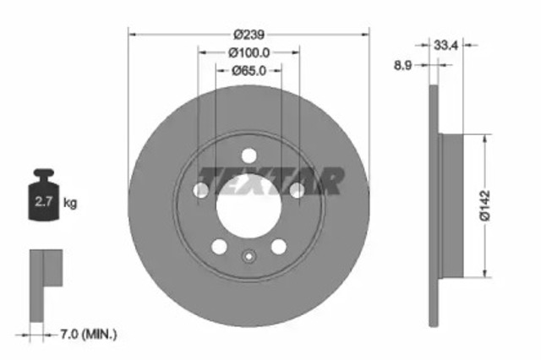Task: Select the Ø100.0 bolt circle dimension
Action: click(249, 52)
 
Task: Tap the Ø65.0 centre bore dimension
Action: click(249, 71)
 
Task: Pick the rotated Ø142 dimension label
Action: click(484, 205)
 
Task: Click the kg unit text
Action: click(71, 203)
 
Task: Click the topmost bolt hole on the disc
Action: click(249, 156)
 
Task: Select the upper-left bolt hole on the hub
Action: click(201, 191)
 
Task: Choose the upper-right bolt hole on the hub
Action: click(297, 191)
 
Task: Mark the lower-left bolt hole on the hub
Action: click(219, 247)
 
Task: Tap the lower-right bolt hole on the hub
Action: click(279, 247)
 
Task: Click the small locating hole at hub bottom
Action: click(249, 258)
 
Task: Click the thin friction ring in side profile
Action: click(434, 203)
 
